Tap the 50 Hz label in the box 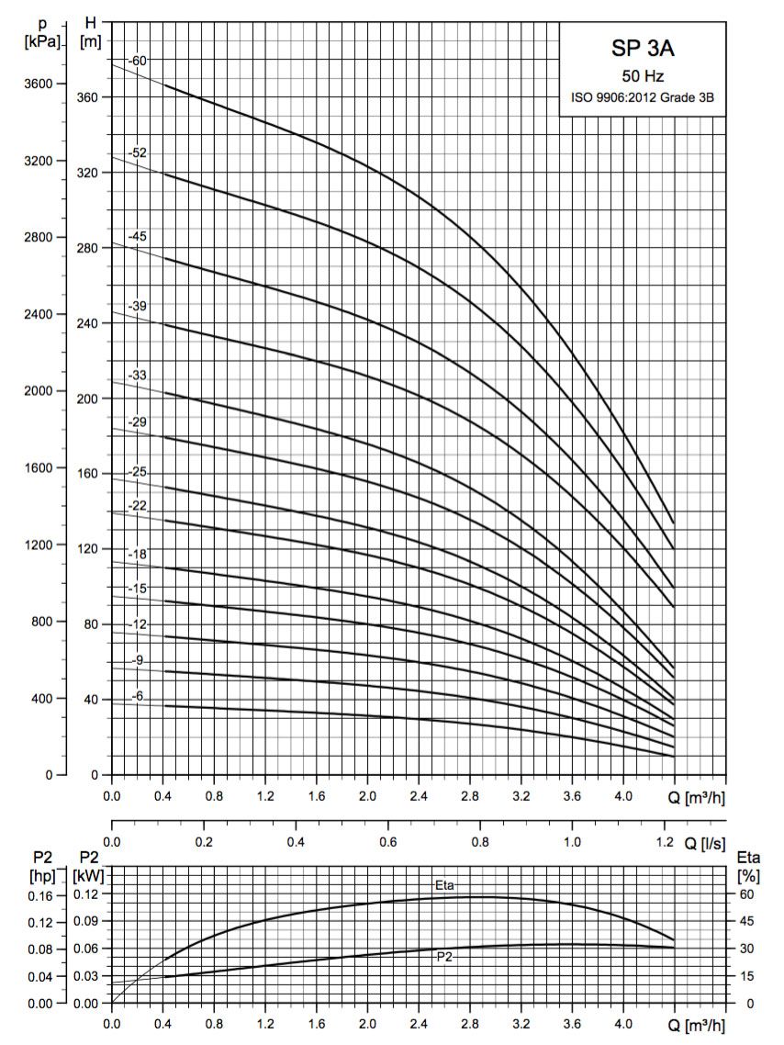pyautogui.click(x=643, y=77)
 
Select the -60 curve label pyautogui.click(x=138, y=61)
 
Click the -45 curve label pyautogui.click(x=138, y=236)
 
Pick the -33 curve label pyautogui.click(x=138, y=375)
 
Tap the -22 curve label pyautogui.click(x=138, y=505)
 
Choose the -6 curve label pyautogui.click(x=138, y=697)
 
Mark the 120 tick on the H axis pyautogui.click(x=89, y=549)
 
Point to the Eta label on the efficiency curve pyautogui.click(x=445, y=884)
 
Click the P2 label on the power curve pyautogui.click(x=445, y=956)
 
